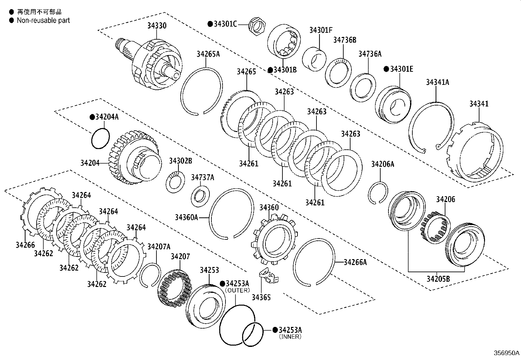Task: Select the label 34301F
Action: point(321,30)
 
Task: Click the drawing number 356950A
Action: point(506,353)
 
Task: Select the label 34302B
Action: point(180,161)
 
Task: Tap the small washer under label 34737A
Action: point(200,196)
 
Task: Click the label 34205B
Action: point(438,279)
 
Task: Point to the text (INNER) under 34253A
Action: point(290,337)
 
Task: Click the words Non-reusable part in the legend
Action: point(43,20)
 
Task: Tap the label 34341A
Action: point(437,82)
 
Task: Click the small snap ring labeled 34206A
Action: point(378,193)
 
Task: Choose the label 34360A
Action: point(186,217)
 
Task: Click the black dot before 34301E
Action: point(386,69)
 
